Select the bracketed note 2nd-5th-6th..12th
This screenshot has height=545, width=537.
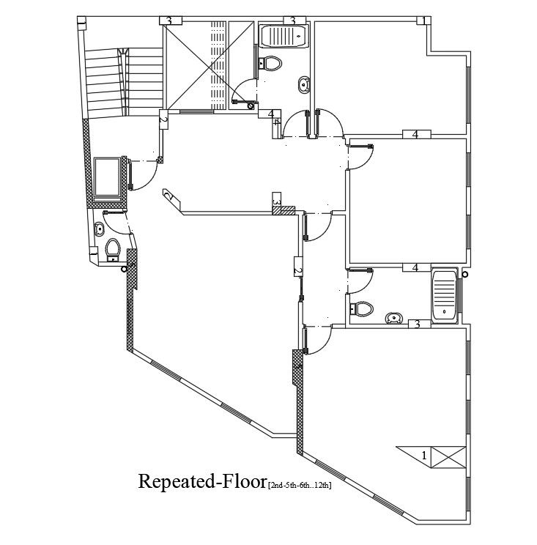point(300,485)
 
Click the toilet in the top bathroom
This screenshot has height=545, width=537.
point(270,63)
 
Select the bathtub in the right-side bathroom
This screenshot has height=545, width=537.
point(445,296)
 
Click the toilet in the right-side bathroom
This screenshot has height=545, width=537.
point(361,308)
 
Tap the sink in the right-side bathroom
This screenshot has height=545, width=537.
point(394,318)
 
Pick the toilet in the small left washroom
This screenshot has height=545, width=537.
point(112,250)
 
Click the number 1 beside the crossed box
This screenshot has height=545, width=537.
point(424,456)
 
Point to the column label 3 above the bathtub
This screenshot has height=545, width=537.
point(292,20)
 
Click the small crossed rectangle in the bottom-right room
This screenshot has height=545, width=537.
point(448,456)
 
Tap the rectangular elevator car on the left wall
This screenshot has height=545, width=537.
point(108,178)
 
